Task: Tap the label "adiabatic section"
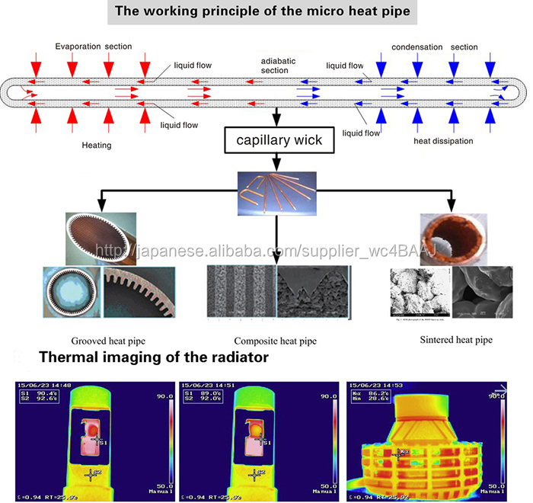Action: click(274, 66)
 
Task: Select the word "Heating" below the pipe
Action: click(97, 144)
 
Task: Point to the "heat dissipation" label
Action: click(443, 141)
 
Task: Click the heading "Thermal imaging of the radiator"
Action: click(153, 357)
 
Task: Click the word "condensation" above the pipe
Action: click(417, 47)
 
